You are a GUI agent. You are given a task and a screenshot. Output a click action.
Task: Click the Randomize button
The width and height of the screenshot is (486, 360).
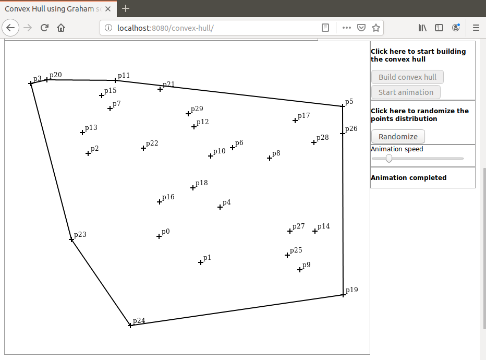tap(398, 136)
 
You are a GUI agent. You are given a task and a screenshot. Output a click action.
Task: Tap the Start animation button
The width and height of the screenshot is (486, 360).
tap(406, 92)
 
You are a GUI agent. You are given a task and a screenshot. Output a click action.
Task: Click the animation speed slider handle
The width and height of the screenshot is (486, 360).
tap(388, 159)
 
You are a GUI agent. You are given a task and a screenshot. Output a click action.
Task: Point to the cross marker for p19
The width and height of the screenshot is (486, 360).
tap(343, 295)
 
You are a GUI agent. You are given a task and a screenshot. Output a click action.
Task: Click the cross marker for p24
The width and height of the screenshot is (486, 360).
tap(130, 325)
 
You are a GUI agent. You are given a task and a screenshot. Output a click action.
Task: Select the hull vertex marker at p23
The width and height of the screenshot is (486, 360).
tap(71, 239)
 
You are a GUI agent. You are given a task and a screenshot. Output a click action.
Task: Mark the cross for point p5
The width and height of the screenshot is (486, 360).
tap(343, 106)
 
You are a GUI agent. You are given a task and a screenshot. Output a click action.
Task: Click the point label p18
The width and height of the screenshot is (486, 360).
tap(201, 183)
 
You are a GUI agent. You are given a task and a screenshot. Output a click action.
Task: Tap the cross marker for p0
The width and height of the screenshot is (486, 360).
tap(159, 236)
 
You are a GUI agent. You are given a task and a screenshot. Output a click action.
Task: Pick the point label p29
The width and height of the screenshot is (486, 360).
tap(197, 109)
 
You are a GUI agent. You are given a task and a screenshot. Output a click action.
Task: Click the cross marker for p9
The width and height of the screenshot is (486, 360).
tap(300, 270)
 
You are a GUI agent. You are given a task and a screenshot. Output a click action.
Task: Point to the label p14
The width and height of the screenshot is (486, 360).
tap(323, 226)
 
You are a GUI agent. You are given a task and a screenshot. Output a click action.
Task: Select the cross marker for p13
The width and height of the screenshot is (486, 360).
tap(82, 133)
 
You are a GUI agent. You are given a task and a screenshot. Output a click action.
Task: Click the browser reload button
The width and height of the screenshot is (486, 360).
tap(44, 28)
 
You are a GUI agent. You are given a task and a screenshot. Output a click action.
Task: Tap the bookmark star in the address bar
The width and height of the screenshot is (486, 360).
tap(376, 28)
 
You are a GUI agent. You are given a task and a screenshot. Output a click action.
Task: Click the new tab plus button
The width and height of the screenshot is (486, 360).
tap(126, 8)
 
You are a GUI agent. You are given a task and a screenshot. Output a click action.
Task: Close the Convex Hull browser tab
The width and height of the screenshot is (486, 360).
tap(108, 9)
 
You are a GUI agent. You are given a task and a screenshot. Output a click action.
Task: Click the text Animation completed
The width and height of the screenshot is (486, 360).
tap(408, 178)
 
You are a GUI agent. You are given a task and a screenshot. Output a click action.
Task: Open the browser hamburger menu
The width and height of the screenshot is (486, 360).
tap(476, 28)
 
